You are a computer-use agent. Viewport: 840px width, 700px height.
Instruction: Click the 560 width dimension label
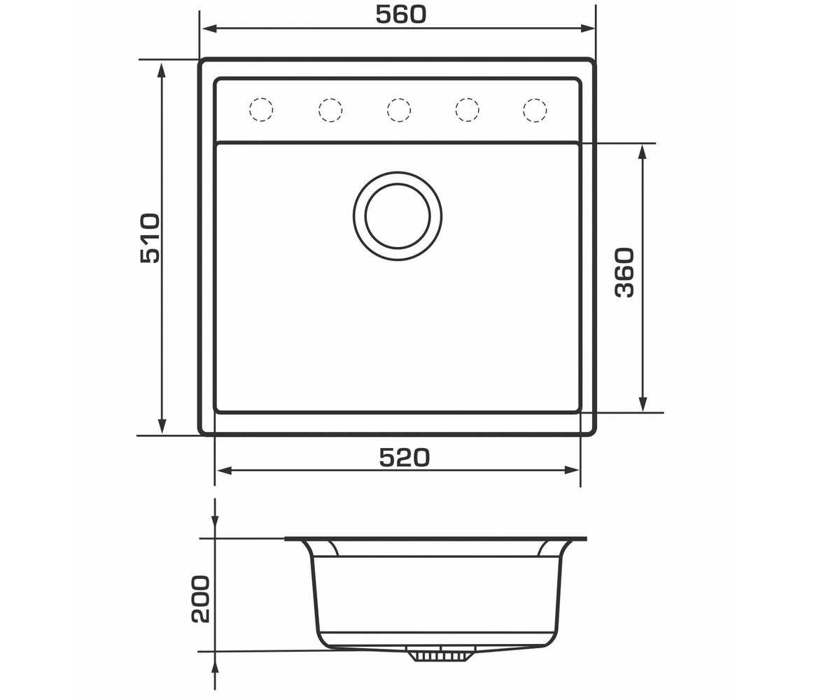400,15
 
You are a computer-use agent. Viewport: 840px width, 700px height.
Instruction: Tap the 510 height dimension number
150,238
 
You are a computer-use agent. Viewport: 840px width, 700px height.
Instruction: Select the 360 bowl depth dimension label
624,273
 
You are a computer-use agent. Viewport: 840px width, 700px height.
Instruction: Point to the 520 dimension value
405,458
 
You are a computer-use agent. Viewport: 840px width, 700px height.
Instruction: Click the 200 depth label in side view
200,599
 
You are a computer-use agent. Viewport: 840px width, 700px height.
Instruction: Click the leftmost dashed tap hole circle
261,109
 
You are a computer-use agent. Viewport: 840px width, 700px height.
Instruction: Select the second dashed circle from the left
330,110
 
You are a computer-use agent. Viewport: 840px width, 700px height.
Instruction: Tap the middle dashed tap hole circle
399,110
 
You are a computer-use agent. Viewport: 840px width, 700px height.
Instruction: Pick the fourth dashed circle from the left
467,109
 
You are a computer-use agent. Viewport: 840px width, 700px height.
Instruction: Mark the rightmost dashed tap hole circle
535,110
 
